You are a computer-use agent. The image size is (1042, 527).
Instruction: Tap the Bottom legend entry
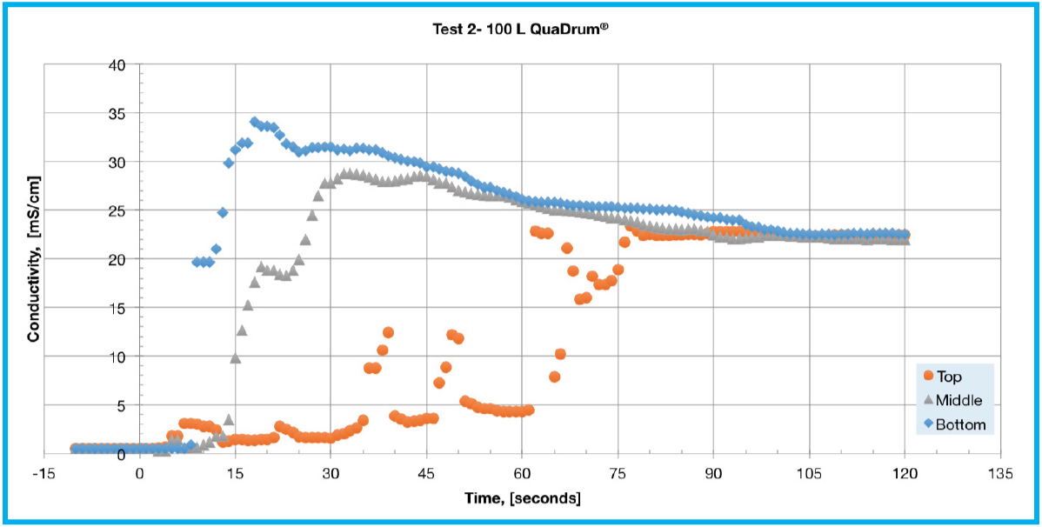(956, 424)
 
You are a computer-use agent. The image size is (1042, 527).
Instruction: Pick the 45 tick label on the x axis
(426, 475)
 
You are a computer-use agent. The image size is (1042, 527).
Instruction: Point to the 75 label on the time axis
(618, 475)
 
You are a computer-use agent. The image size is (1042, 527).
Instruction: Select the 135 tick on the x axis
(1000, 475)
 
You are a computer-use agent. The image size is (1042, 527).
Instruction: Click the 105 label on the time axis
(809, 475)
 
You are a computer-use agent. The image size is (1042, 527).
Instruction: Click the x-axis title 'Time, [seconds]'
(522, 498)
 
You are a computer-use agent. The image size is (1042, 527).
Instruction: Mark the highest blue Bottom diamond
(255, 122)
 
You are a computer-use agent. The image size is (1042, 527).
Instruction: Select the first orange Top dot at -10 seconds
(76, 449)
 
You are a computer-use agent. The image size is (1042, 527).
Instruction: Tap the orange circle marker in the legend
(928, 377)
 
